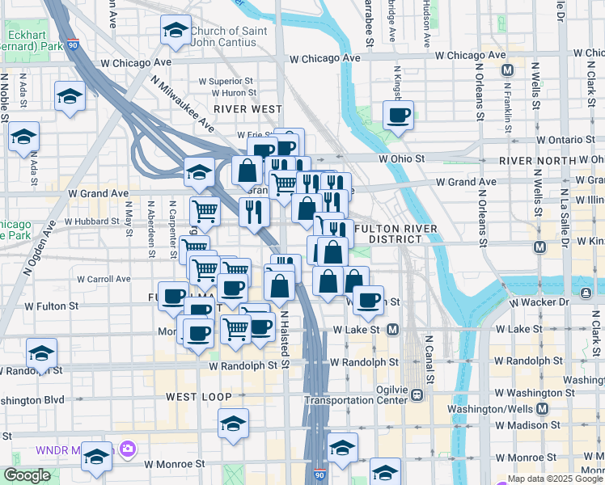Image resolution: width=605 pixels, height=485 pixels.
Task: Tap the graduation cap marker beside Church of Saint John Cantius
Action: tap(176, 31)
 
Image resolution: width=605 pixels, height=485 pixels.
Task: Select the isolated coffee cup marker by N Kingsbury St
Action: tap(398, 115)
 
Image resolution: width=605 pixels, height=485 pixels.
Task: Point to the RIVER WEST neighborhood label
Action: tap(247, 108)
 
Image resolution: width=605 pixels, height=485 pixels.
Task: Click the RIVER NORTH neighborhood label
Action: tap(531, 161)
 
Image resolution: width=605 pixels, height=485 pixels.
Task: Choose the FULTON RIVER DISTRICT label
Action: tap(395, 234)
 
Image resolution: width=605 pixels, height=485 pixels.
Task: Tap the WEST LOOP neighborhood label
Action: tap(199, 397)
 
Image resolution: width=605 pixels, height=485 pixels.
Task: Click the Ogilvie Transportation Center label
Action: tap(358, 394)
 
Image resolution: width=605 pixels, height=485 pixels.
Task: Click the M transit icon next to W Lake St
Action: tap(393, 329)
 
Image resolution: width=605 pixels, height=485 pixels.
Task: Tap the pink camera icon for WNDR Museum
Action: tap(127, 448)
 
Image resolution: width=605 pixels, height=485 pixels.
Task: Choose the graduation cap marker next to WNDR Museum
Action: tap(96, 457)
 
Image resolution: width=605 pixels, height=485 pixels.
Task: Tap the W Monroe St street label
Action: tap(176, 464)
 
